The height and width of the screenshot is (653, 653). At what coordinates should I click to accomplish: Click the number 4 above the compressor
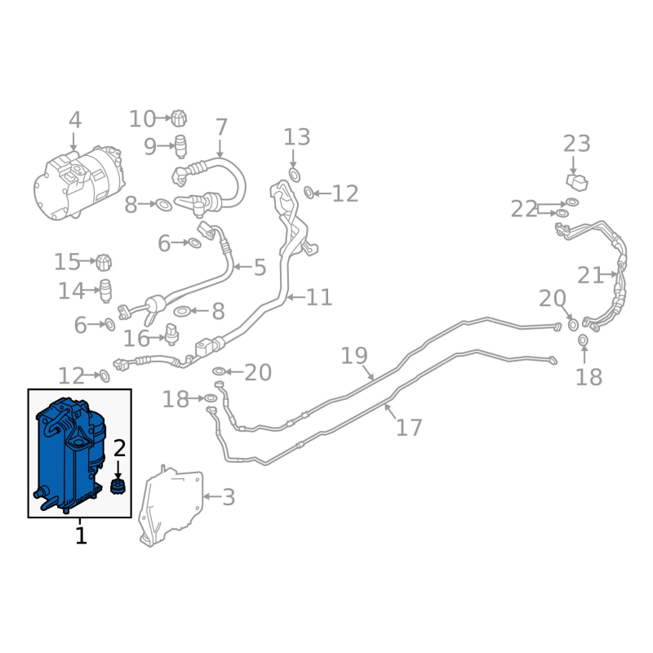75,121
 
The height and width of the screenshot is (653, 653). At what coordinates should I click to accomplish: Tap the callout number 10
142,119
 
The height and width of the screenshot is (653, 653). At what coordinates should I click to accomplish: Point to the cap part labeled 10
180,119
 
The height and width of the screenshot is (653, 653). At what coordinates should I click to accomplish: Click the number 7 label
221,127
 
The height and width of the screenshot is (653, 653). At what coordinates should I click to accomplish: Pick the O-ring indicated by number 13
295,174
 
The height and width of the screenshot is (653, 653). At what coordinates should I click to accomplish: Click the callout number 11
320,297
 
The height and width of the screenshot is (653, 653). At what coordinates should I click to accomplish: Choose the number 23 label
576,144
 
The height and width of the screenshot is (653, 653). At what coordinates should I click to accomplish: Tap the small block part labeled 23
577,181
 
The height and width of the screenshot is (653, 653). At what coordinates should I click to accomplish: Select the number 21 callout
590,276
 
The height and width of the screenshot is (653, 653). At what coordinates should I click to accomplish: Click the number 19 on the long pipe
354,356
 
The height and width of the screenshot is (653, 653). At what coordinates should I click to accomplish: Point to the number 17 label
409,427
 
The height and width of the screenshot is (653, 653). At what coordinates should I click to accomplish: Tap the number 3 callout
229,496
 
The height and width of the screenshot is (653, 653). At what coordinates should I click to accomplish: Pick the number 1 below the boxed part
80,536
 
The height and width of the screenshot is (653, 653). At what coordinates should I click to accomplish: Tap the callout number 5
260,267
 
